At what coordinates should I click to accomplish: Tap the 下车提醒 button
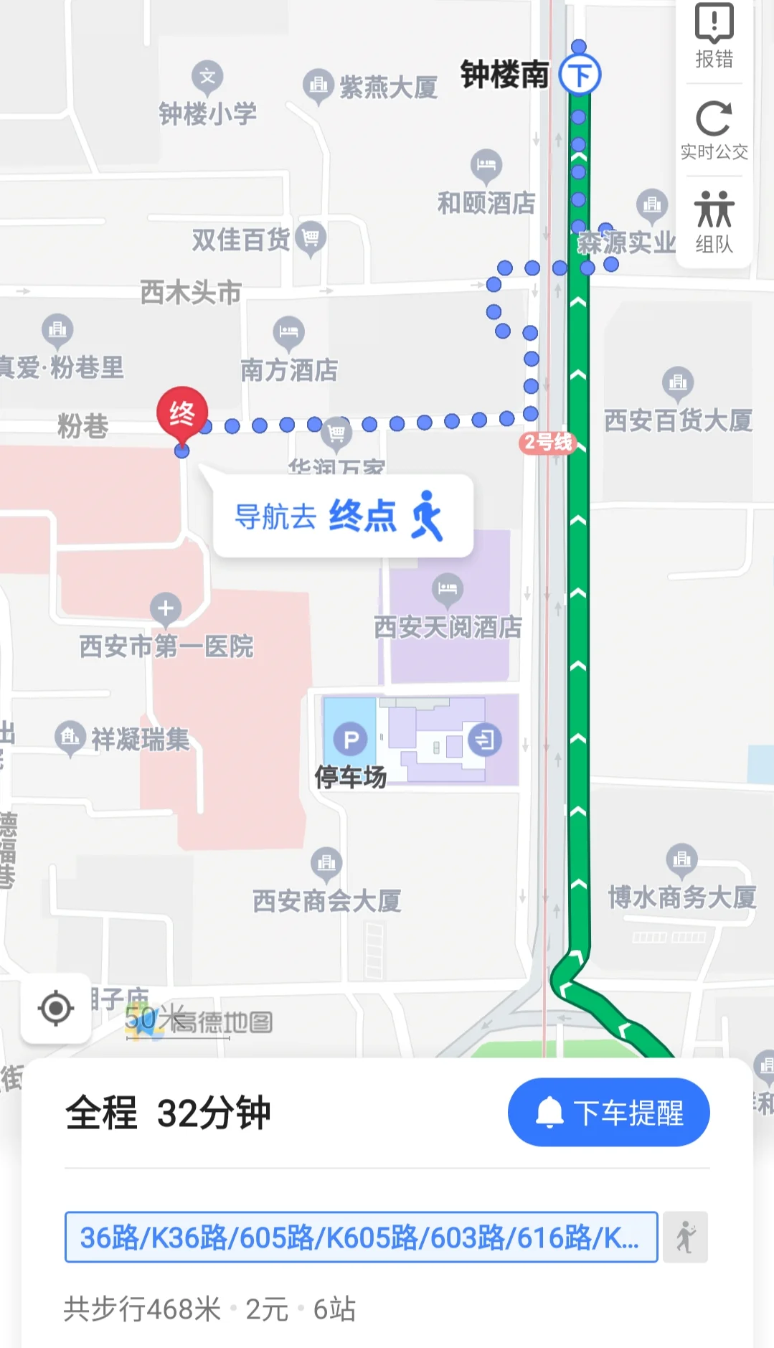[608, 1112]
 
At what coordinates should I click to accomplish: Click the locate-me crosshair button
[56, 1008]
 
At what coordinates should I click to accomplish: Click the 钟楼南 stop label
[504, 75]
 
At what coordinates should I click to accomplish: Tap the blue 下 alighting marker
[580, 75]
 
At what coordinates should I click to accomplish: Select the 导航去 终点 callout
[343, 516]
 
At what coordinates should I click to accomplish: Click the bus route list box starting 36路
[361, 1237]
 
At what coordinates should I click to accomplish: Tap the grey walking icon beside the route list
[685, 1237]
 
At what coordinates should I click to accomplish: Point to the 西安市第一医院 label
[166, 646]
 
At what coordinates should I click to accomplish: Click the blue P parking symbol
[351, 740]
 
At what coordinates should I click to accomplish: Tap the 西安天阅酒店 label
[448, 626]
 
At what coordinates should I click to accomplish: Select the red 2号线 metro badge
[547, 442]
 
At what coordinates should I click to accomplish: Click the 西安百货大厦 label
[678, 420]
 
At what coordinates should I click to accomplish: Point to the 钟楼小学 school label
[207, 113]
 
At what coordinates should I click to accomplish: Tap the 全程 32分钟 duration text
[168, 1113]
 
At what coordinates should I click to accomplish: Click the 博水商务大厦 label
[681, 897]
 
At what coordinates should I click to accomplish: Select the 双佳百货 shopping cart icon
[311, 236]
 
